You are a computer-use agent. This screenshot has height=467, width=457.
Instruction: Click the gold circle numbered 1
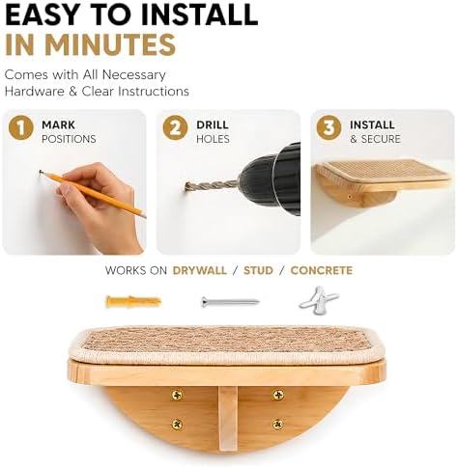point(21,128)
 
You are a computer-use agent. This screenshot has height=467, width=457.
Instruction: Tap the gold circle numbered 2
point(175,128)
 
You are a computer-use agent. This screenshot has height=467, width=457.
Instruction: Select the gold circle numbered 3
point(328,128)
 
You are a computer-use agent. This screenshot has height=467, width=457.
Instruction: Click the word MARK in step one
point(58,124)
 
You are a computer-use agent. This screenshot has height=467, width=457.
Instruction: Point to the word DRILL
point(213,124)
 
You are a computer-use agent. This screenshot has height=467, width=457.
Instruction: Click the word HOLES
point(213,139)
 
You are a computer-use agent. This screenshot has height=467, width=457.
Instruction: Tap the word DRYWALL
point(200,270)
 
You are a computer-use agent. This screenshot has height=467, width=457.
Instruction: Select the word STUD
point(258,270)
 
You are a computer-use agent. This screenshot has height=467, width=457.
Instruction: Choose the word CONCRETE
point(322,270)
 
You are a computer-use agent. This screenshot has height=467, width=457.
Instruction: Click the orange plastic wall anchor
point(133,301)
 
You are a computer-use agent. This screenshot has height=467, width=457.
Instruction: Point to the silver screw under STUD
point(230,302)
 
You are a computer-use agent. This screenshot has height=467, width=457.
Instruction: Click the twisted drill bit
point(212,186)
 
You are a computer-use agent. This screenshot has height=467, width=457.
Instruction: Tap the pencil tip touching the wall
point(41,172)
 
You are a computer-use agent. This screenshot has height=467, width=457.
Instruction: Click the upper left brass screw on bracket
point(177,395)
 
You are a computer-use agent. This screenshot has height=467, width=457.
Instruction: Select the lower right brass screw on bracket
point(277,425)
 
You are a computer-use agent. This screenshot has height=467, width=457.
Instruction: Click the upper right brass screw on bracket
point(278,395)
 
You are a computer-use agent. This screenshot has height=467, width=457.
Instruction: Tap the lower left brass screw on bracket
point(177,425)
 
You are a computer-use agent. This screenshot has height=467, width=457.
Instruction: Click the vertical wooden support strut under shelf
point(228,419)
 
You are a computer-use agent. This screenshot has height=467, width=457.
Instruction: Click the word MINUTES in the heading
point(111,44)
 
